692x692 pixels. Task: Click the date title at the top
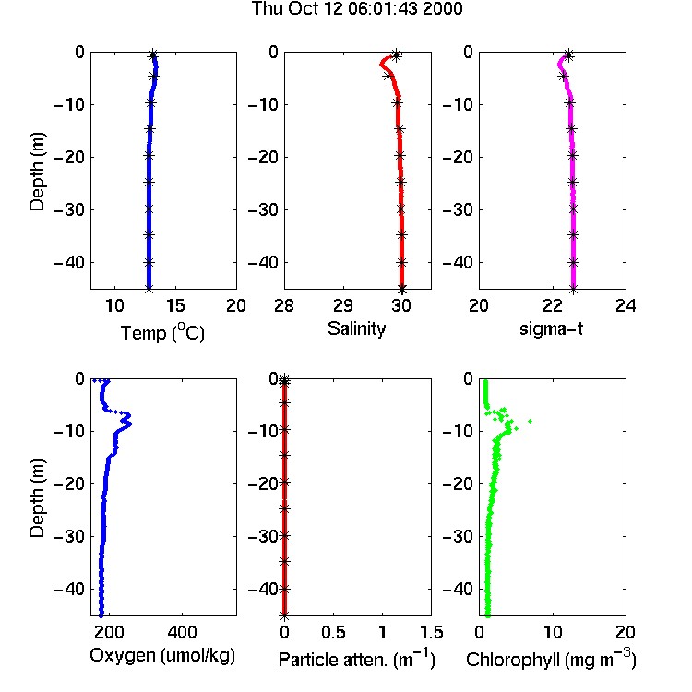coord(356,8)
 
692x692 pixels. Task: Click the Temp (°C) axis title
coord(162,332)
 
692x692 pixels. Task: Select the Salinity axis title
coord(356,328)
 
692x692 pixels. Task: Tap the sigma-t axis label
coord(551,328)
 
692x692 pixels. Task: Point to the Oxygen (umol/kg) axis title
coord(162,656)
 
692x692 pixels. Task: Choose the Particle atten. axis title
coord(356,659)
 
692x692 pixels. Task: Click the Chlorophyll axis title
coord(551,659)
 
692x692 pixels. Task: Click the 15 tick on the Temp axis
coord(175,305)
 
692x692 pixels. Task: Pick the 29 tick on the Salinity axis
coord(343,305)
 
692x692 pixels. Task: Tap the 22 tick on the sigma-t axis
coord(552,305)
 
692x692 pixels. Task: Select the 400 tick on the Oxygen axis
coord(182,632)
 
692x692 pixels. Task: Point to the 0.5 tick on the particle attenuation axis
coord(333,632)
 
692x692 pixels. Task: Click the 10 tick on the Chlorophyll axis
coord(552,632)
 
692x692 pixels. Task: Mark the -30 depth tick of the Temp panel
coord(70,209)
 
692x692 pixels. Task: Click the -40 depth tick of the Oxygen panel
coord(70,589)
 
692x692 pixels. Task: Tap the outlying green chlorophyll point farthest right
coord(530,421)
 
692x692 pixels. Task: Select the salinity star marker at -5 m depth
coord(388,77)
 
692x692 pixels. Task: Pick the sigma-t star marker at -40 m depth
coord(573,262)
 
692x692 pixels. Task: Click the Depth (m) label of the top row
coord(37,172)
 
